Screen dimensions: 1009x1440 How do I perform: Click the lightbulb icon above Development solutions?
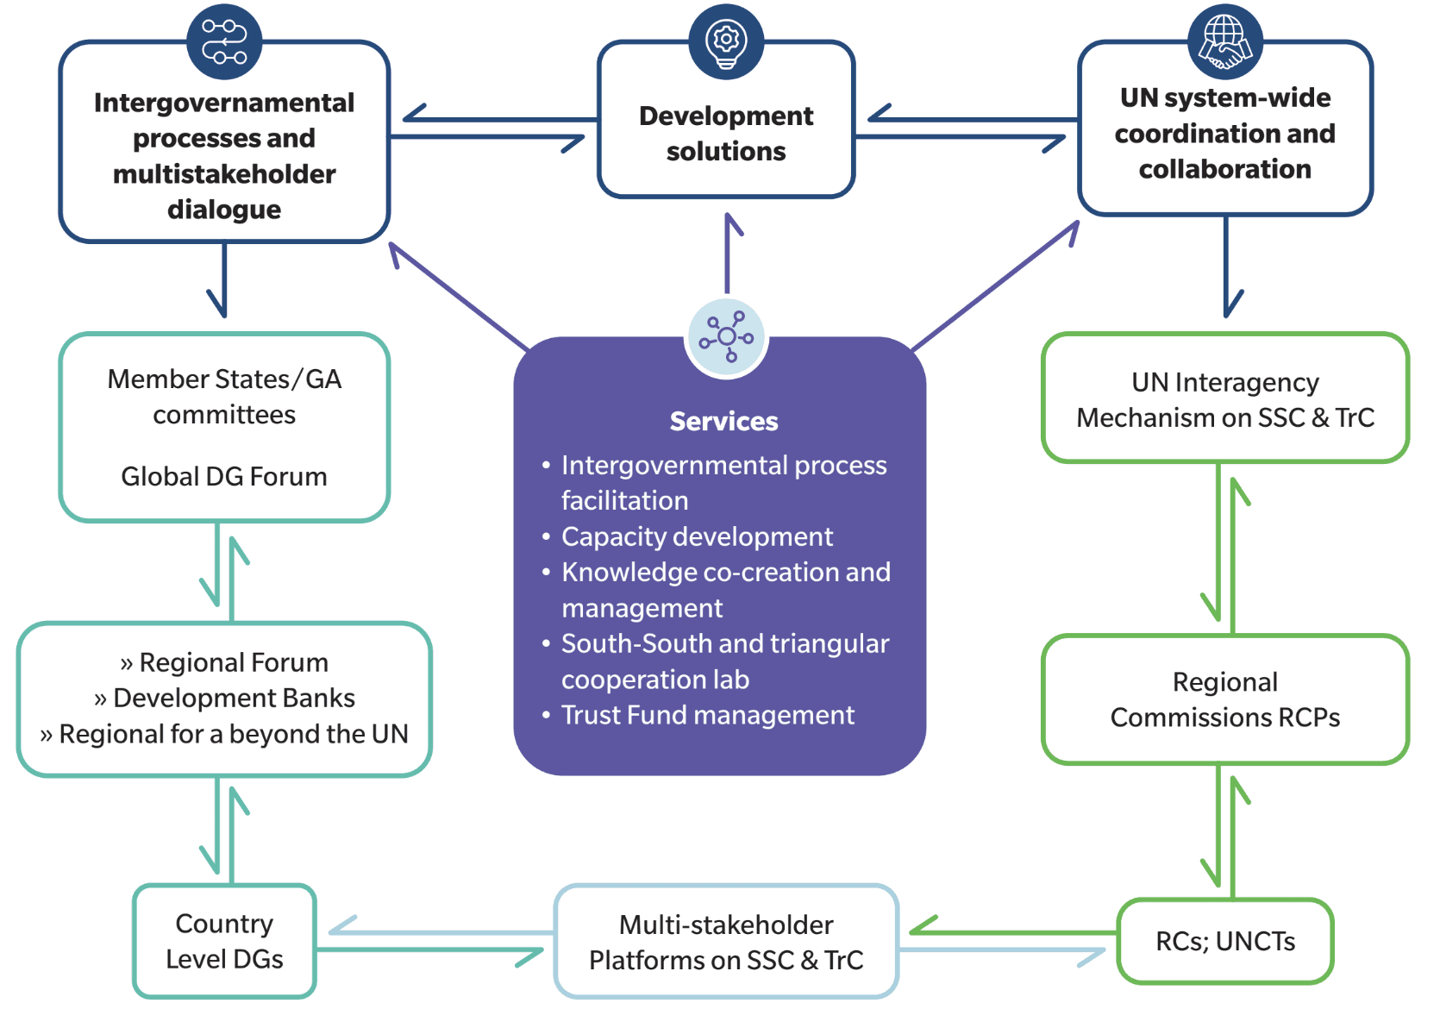coord(726,41)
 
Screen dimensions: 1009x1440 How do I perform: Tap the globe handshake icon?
coord(1224,41)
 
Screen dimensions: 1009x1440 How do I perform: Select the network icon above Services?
coord(726,337)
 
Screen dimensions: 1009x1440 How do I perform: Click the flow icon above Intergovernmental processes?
coord(224,41)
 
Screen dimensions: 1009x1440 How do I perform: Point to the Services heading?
coord(723,421)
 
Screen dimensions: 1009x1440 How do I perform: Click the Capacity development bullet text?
coord(697,536)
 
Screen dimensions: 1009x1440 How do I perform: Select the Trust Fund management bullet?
coord(707,715)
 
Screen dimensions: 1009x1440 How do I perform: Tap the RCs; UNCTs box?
coord(1224,941)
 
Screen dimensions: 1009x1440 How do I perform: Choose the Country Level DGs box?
coord(224,941)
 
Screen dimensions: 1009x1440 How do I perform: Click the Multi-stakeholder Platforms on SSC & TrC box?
coord(726,942)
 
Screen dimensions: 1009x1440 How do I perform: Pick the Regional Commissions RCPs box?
coord(1224,699)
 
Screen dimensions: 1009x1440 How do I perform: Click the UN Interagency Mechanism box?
coord(1224,399)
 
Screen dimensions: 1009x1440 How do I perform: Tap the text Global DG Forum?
coord(224,476)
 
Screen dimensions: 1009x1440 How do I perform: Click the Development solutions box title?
coord(726,133)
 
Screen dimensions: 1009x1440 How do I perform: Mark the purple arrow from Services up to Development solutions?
coord(729,254)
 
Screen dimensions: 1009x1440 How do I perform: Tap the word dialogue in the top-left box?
coord(224,210)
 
